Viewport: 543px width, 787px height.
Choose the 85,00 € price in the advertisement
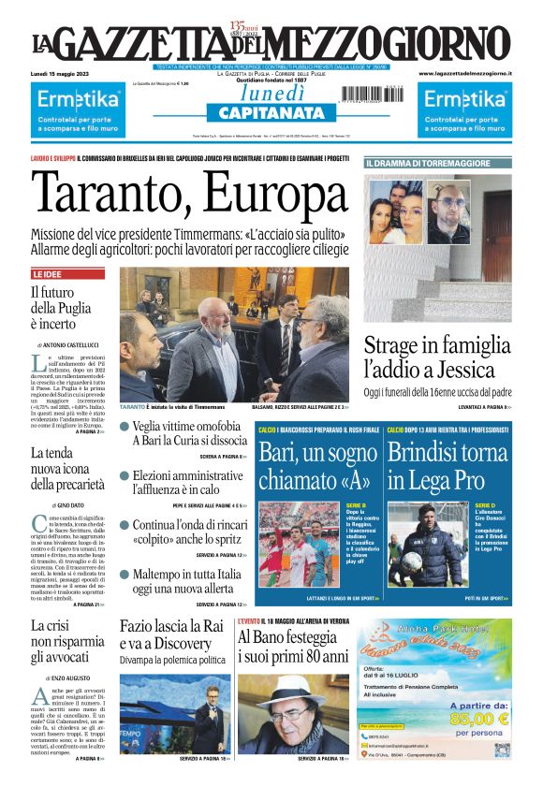(477, 719)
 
